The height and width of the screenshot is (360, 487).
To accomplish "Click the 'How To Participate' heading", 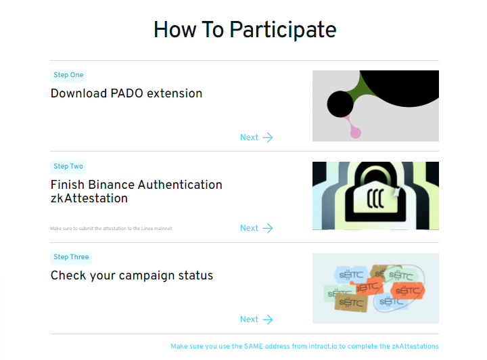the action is pos(245,30).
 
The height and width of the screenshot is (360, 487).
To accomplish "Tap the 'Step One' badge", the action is pos(68,76).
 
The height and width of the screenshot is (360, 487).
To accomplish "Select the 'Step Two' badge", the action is pos(68,166).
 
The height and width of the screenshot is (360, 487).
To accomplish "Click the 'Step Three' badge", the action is pos(71,258).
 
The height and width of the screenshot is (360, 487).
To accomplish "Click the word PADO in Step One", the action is pos(126,93).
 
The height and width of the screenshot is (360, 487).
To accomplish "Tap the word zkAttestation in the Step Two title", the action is pos(89,198).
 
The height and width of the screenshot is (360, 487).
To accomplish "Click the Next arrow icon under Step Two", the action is pos(268,228).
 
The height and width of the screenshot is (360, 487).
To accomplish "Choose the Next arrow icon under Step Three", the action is pos(268,319).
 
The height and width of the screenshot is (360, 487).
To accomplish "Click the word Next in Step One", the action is pos(249,137).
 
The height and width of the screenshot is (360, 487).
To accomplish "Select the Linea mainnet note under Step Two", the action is pos(111,229).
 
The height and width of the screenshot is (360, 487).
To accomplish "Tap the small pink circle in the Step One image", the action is pos(356,133).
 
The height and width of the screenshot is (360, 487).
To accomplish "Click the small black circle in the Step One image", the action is pos(340,104).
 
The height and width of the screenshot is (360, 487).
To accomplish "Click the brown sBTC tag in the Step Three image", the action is pos(351,303).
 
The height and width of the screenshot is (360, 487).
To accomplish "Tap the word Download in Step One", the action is pos(79,93).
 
